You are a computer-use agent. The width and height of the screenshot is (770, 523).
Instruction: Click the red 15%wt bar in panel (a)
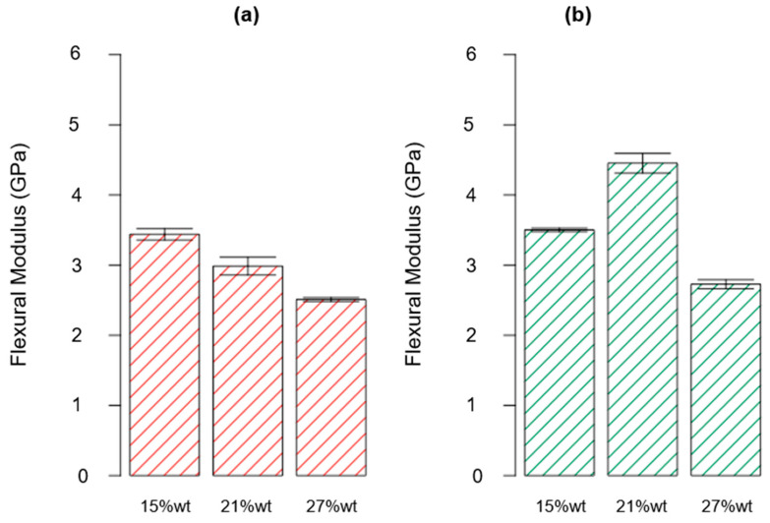pyautogui.click(x=164, y=355)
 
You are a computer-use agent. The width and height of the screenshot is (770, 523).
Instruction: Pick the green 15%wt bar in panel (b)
pyautogui.click(x=560, y=352)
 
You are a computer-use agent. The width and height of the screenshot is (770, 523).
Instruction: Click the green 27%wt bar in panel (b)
pyautogui.click(x=727, y=379)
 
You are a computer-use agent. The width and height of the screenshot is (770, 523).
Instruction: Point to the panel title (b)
pyautogui.click(x=643, y=16)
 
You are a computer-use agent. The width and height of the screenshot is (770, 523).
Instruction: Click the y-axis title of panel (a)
pyautogui.click(x=22, y=264)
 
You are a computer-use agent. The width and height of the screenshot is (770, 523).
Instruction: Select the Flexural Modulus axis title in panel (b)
pyautogui.click(x=418, y=264)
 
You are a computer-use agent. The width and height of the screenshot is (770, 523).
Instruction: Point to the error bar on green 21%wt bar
pyautogui.click(x=643, y=162)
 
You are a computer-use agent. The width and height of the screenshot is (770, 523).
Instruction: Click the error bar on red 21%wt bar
pyautogui.click(x=248, y=265)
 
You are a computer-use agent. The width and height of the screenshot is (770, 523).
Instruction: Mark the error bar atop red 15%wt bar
pyautogui.click(x=164, y=233)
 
